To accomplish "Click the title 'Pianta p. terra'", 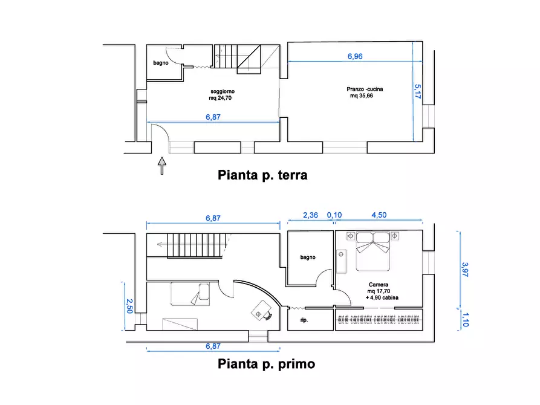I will [x=262, y=175].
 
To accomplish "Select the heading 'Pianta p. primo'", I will [x=266, y=364].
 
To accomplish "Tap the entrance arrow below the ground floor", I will [x=161, y=165].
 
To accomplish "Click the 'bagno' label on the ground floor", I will [x=160, y=63].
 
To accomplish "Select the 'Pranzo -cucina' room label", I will [x=366, y=89].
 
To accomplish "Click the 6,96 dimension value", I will [x=355, y=56].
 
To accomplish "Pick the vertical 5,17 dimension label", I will [x=417, y=91].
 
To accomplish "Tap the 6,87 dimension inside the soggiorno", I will [x=213, y=118].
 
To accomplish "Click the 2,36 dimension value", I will [x=310, y=215].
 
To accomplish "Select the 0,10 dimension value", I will [x=334, y=215].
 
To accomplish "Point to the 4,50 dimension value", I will [x=379, y=215].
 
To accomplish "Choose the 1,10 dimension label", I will [x=464, y=319].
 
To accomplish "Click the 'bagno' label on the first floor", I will [x=308, y=258].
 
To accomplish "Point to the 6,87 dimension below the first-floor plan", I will [x=213, y=346].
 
